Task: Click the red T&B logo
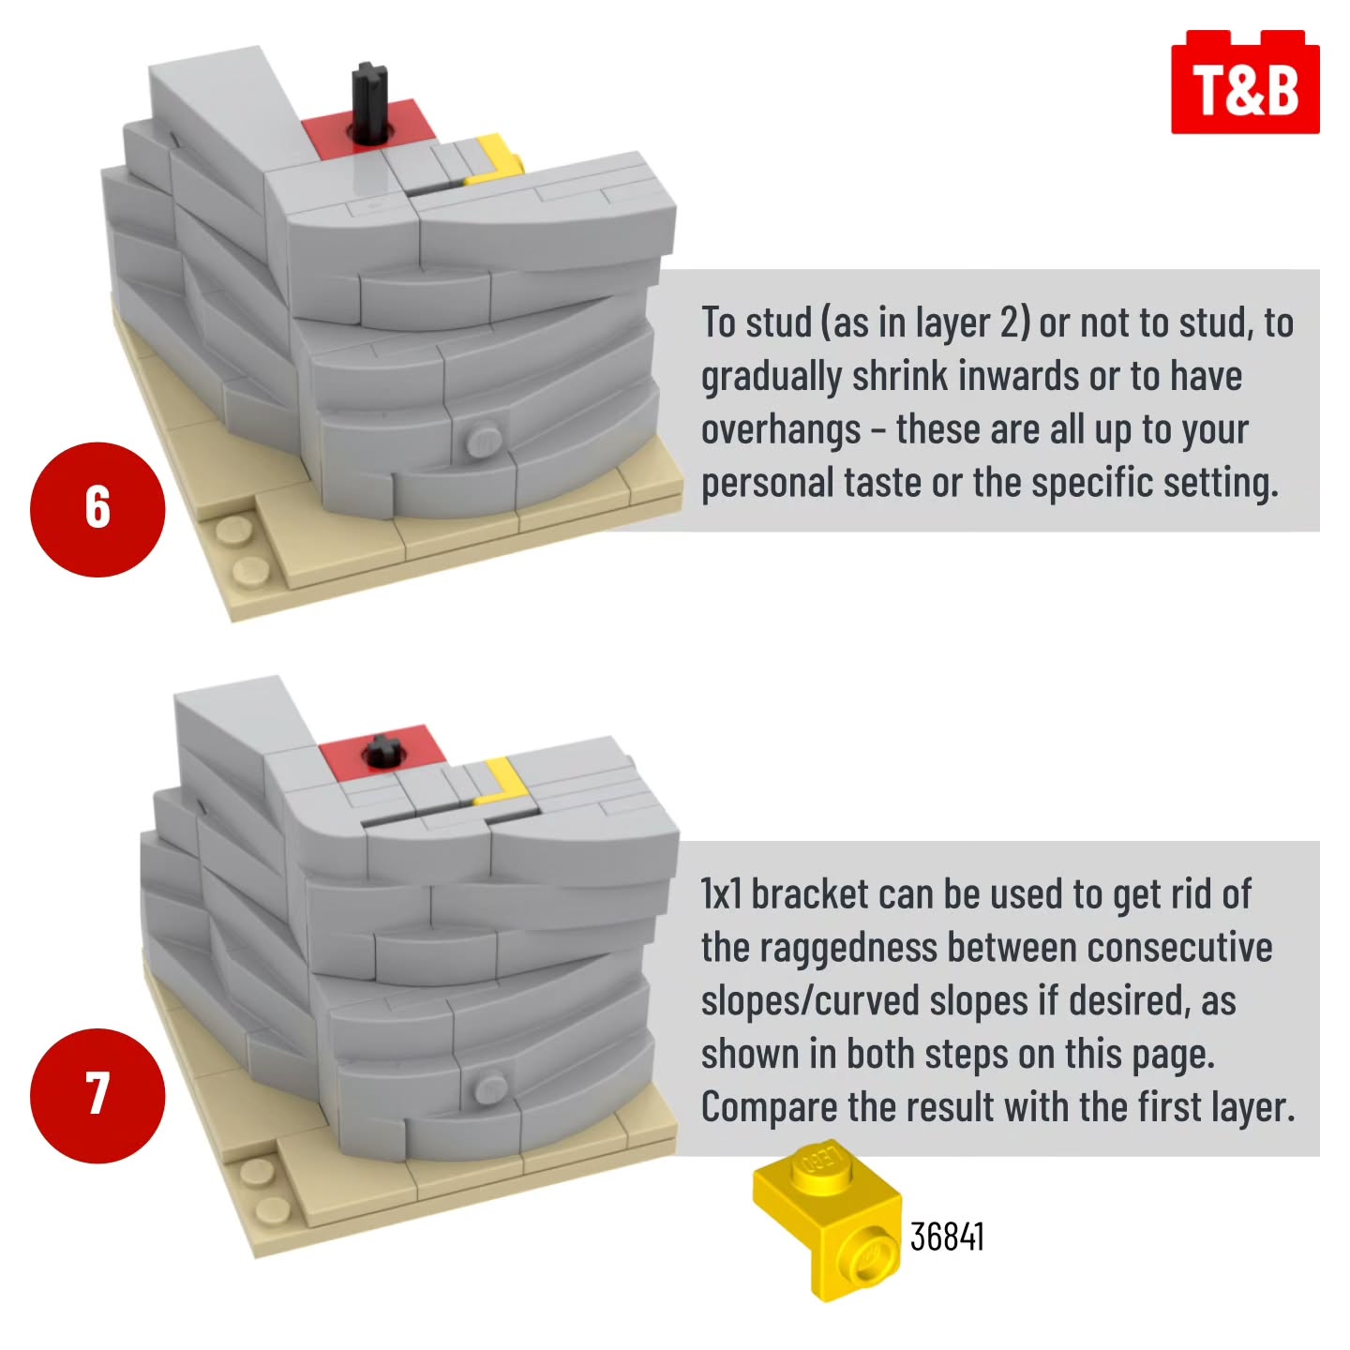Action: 1244,82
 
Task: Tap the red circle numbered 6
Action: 97,509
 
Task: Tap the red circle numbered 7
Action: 97,1096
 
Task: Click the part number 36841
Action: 947,1237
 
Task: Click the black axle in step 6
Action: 370,104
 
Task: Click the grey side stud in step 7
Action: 490,1087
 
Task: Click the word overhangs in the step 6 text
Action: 781,429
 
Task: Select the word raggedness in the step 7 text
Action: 847,949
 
